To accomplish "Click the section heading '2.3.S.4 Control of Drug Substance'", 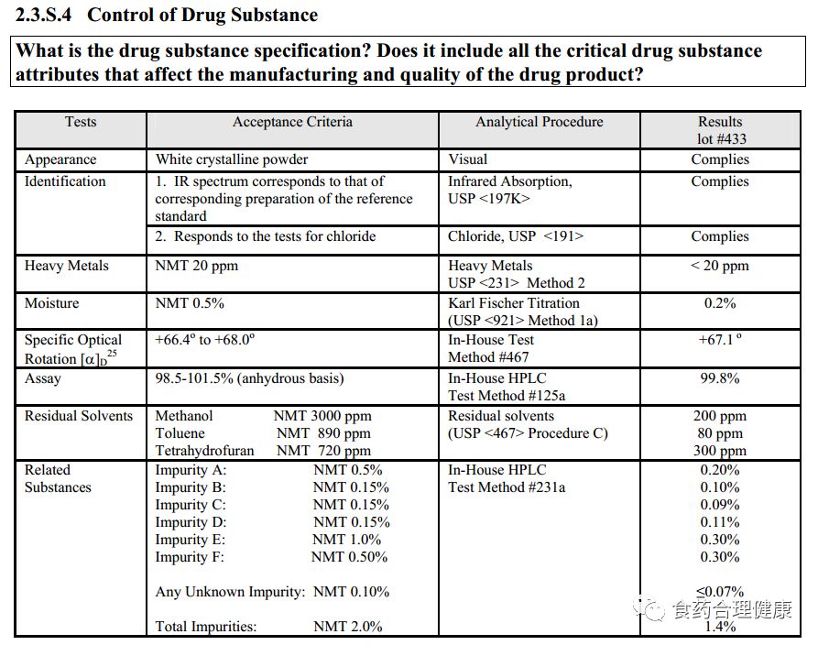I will point(168,15).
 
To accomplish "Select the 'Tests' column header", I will point(81,122).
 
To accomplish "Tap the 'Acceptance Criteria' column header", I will point(292,122).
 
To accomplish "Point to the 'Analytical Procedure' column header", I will point(539,122).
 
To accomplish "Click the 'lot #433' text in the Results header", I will point(720,139).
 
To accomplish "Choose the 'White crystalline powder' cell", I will point(232,159).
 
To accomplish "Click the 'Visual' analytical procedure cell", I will point(468,159).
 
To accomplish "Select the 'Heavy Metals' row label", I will point(66,266).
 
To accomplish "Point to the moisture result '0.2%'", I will point(720,303).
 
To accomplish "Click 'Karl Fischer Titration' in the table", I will point(514,303).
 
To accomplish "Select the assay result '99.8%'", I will point(720,378).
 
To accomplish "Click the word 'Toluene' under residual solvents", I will point(180,433).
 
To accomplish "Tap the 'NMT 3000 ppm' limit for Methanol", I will point(322,416).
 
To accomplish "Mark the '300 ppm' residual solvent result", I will point(720,451).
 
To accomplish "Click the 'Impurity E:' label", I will point(190,540).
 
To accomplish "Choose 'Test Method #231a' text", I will point(507,487).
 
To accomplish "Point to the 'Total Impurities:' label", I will point(206,627).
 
